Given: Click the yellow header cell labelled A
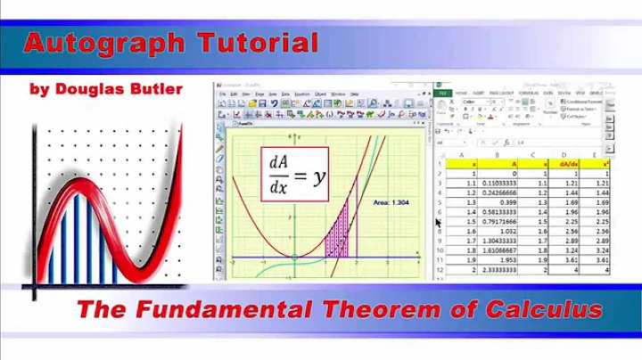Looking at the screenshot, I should (x=514, y=164).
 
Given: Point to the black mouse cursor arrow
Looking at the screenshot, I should (x=437, y=223).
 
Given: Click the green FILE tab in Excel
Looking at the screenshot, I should (x=443, y=92).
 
